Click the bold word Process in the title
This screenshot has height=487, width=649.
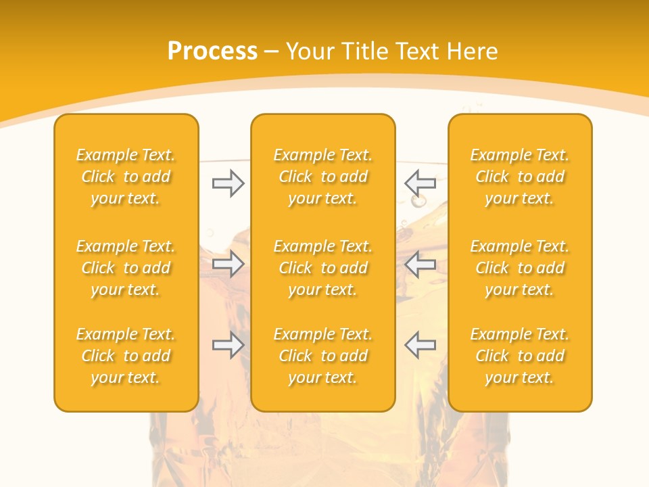click(212, 51)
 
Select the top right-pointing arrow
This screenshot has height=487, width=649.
click(228, 183)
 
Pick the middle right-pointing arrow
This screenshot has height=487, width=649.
click(228, 264)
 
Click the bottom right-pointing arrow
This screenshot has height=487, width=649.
click(228, 345)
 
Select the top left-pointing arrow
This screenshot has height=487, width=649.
click(420, 183)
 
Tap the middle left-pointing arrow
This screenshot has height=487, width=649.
click(420, 264)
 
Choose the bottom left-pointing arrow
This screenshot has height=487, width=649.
click(420, 345)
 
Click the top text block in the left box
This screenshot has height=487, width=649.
click(126, 177)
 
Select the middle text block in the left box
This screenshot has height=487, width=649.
click(126, 268)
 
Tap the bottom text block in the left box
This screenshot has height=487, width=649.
click(126, 356)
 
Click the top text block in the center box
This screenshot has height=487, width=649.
click(322, 177)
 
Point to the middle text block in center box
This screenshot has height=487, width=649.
click(322, 268)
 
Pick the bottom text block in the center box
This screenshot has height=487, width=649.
click(322, 356)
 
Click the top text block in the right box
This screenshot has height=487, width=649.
click(519, 177)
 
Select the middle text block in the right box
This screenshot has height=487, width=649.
click(519, 268)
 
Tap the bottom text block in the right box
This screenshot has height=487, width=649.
click(519, 356)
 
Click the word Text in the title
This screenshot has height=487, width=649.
click(419, 51)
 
